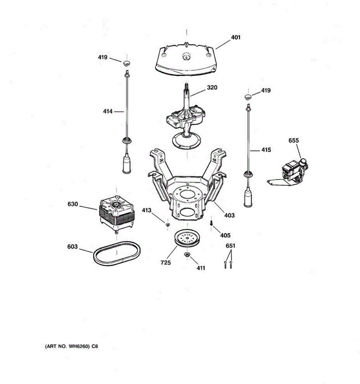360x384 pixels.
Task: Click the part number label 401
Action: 236,37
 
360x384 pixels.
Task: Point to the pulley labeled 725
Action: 187,239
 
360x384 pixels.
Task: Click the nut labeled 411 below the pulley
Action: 187,254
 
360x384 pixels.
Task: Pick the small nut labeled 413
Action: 167,225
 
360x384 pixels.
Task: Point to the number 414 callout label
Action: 108,111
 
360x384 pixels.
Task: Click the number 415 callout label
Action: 266,150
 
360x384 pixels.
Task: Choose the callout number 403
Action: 229,215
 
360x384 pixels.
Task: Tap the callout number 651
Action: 230,246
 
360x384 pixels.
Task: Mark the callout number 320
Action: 212,87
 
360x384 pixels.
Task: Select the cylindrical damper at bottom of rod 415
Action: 248,198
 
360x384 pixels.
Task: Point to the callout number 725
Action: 166,263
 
